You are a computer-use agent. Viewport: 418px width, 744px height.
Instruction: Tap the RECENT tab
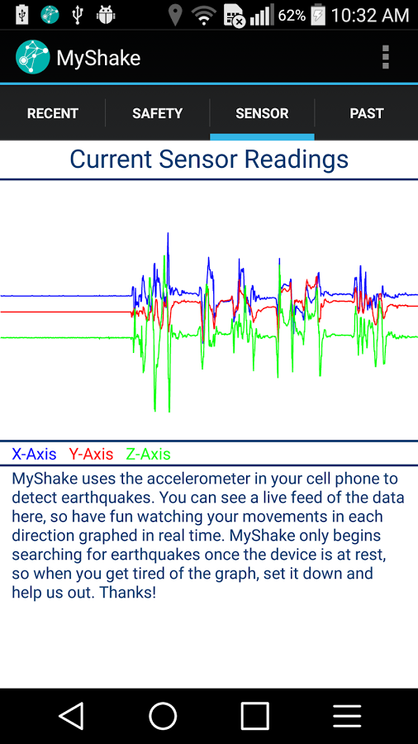click(53, 113)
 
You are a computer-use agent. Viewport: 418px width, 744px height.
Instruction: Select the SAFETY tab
click(157, 113)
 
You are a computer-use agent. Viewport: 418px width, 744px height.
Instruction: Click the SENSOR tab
click(262, 113)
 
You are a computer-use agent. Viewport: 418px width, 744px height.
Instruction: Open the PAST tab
click(367, 113)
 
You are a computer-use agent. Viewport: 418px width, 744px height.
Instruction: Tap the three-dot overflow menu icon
click(385, 57)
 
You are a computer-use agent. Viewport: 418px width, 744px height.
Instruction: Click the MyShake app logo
click(32, 57)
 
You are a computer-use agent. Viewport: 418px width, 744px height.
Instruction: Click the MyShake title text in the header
click(98, 58)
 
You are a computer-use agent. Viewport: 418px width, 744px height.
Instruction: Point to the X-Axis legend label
click(34, 454)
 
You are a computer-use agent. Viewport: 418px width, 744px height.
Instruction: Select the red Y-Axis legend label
click(91, 454)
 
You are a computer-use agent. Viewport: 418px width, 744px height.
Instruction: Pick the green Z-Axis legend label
click(148, 454)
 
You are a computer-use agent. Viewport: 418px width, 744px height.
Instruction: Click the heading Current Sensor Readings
click(209, 159)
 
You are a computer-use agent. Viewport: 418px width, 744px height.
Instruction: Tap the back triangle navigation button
click(72, 716)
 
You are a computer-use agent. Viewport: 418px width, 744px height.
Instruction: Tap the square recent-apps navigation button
click(254, 716)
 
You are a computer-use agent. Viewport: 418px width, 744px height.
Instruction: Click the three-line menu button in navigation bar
click(347, 716)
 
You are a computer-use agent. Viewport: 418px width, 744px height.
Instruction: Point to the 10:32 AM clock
click(370, 15)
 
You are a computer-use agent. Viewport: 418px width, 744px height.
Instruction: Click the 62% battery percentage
click(292, 15)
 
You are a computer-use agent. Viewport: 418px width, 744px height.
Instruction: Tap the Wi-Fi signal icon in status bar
click(203, 15)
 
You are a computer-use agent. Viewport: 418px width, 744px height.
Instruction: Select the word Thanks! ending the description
click(128, 593)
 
